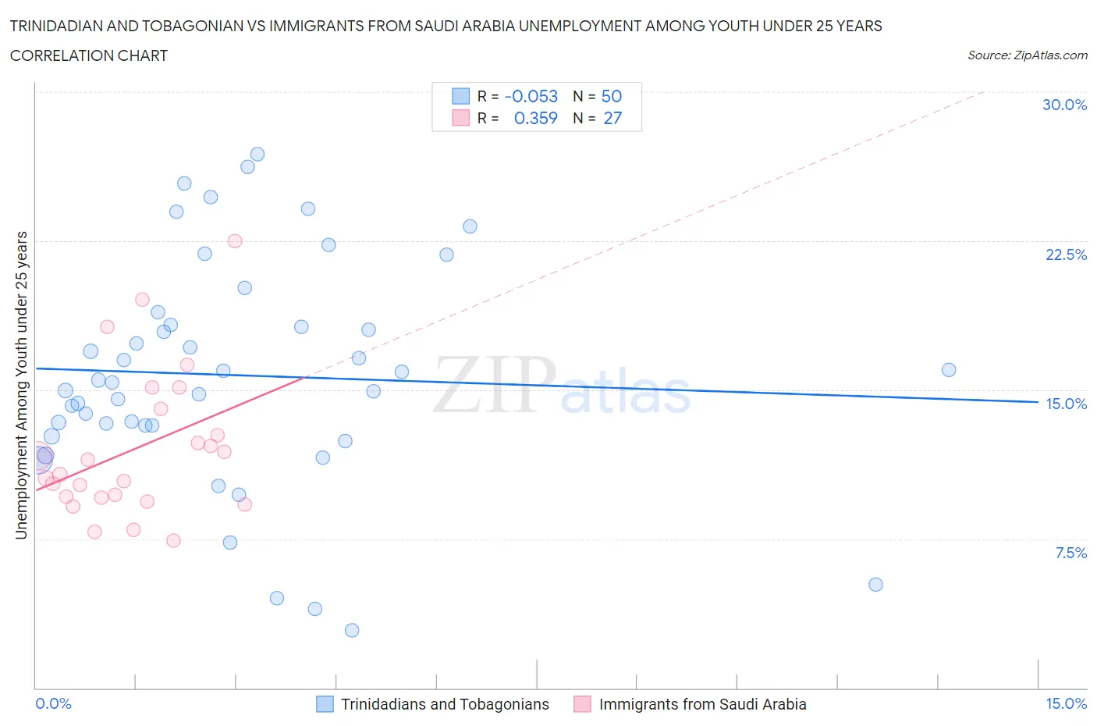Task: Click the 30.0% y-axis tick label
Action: [x=1064, y=105]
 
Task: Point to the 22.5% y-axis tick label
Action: [x=1066, y=254]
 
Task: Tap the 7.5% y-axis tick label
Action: [x=1070, y=553]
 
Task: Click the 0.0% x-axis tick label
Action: [x=53, y=703]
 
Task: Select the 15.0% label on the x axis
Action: [x=1066, y=703]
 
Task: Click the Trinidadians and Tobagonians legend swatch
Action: [x=325, y=704]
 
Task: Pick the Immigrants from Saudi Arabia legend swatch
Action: [x=582, y=704]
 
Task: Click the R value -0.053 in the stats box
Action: [x=531, y=96]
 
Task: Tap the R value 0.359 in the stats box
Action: [x=535, y=118]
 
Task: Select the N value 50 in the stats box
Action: [x=612, y=96]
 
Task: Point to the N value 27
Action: [x=612, y=118]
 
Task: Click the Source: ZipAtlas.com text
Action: [x=1027, y=55]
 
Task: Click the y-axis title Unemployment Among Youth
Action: [x=22, y=385]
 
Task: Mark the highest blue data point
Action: [x=257, y=155]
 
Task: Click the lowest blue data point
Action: [x=352, y=630]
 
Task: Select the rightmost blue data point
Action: [x=949, y=370]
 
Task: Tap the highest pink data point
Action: [x=235, y=241]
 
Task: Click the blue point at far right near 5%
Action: [x=875, y=585]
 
